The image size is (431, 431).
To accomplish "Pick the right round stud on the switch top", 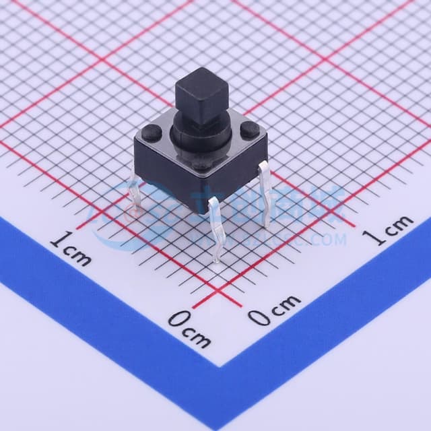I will click(250, 133).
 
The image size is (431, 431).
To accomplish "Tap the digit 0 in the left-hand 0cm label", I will click(176, 319).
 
